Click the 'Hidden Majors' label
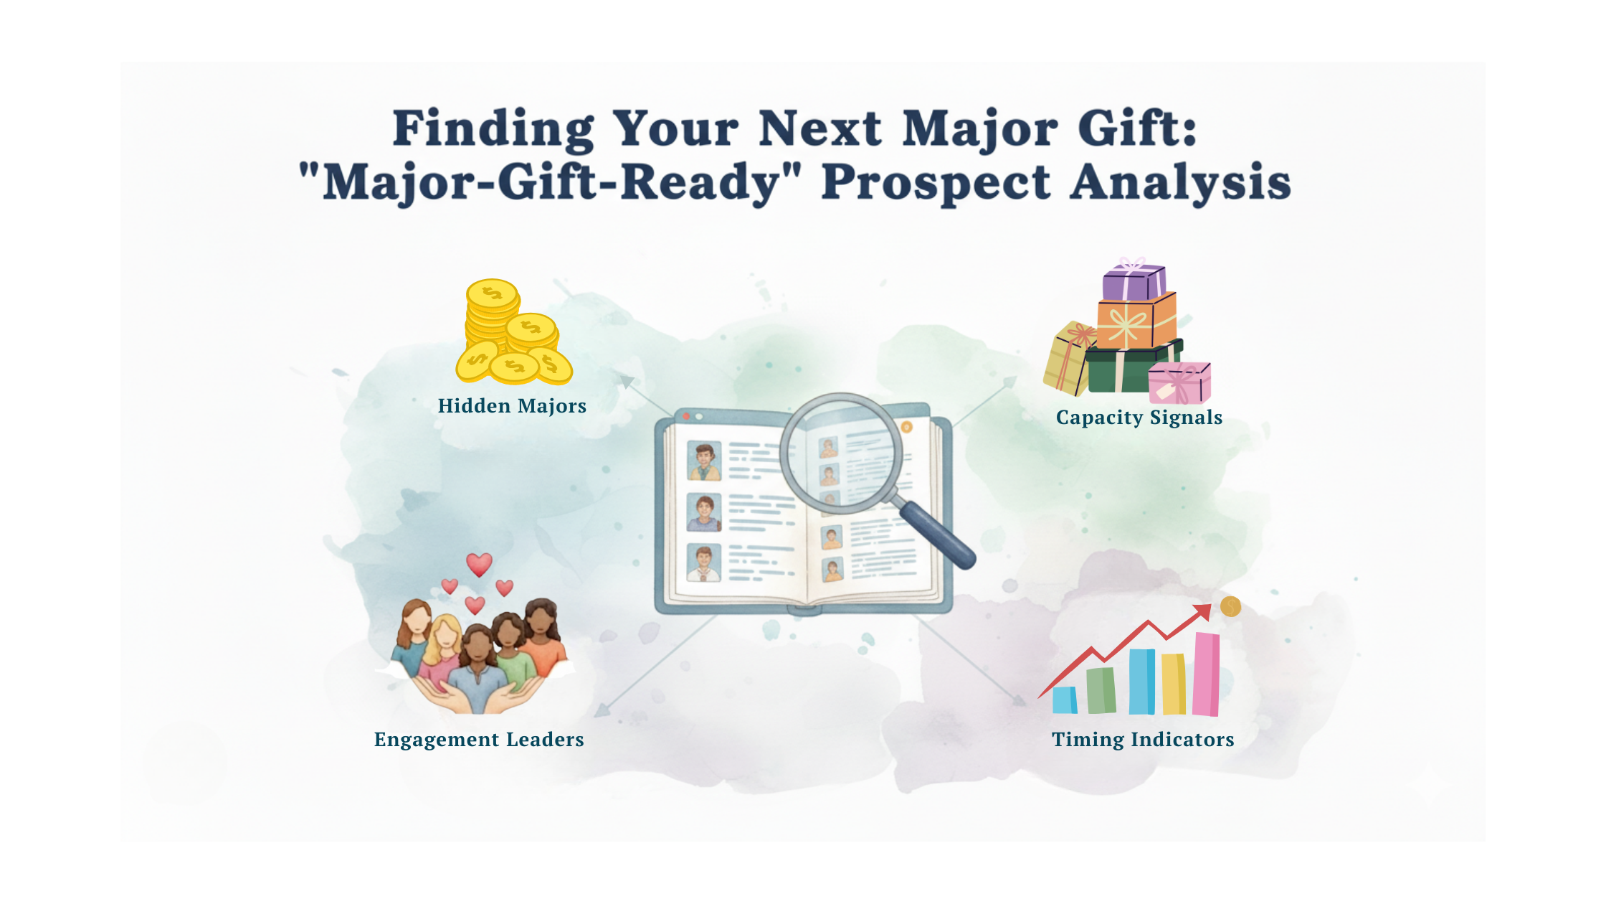pos(512,406)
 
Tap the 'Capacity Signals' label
pos(1139,418)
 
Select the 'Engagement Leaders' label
pos(479,740)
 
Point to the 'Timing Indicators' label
pos(1143,740)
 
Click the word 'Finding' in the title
pos(493,130)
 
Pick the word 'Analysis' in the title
pos(1181,183)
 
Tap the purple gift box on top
pos(1134,281)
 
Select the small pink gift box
pos(1179,383)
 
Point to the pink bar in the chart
pos(1206,674)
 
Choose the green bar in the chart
pos(1101,690)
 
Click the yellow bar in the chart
pos(1174,684)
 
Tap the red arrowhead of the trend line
pos(1203,612)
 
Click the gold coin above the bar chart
pos(1230,607)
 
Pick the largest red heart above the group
pos(480,565)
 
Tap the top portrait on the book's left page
pos(704,461)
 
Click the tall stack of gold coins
pos(493,316)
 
